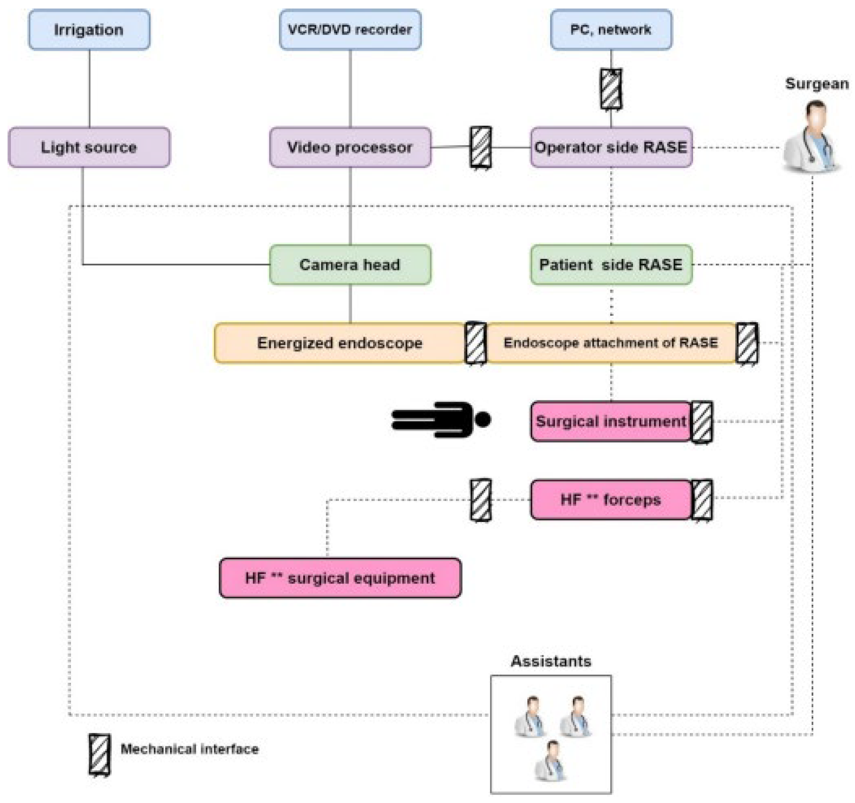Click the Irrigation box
click(x=89, y=30)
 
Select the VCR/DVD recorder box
click(x=350, y=30)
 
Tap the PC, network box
click(x=611, y=30)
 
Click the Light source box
click(x=89, y=147)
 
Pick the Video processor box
click(x=350, y=147)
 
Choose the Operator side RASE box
click(x=611, y=147)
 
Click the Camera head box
click(x=350, y=265)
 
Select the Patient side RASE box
click(x=611, y=265)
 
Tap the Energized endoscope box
click(x=339, y=343)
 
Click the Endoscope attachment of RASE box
click(x=611, y=343)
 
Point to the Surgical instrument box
click(x=611, y=421)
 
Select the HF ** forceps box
click(x=611, y=500)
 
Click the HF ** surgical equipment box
click(x=340, y=578)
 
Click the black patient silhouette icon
click(x=440, y=419)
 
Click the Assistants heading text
click(x=551, y=661)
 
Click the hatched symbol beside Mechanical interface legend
click(x=99, y=755)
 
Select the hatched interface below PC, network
click(x=611, y=89)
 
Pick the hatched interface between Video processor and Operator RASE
click(x=481, y=147)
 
